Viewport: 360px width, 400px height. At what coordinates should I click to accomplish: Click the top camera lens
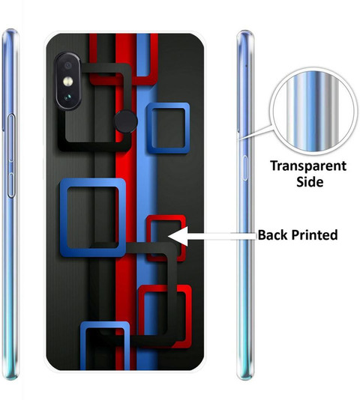[68, 66]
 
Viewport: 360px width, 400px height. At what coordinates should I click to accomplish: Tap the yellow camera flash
[68, 82]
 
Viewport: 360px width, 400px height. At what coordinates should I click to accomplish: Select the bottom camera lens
[68, 97]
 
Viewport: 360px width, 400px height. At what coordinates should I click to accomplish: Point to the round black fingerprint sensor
[126, 121]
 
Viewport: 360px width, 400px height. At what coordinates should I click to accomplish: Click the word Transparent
[308, 166]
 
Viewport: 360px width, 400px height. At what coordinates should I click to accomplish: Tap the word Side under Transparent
[310, 182]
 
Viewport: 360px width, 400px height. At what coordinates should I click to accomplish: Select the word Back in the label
[273, 234]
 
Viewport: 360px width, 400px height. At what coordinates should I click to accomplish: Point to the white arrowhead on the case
[178, 236]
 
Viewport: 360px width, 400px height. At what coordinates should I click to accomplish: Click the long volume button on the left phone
[11, 138]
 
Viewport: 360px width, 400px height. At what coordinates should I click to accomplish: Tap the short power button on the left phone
[11, 185]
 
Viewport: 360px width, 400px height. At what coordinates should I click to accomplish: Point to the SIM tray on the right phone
[245, 168]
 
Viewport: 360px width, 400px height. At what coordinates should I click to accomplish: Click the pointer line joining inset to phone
[255, 133]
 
